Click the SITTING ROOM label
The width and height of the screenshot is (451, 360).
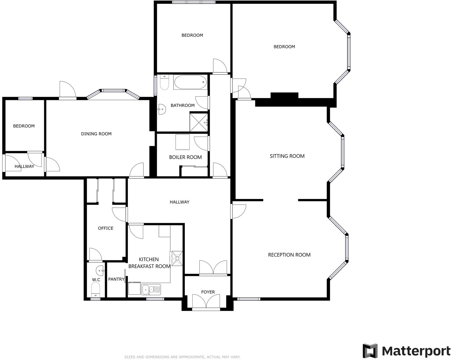click(x=287, y=156)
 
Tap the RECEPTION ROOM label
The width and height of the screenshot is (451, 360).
click(x=289, y=255)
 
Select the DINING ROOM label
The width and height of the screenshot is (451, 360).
click(x=96, y=134)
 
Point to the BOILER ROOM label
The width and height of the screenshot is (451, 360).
click(x=185, y=157)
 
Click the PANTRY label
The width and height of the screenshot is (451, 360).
click(x=116, y=279)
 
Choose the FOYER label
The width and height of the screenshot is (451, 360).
click(x=208, y=292)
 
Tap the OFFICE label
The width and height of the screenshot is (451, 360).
click(x=106, y=228)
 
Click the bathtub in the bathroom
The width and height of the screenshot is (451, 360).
click(x=190, y=82)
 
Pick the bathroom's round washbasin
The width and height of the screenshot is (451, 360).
click(x=162, y=109)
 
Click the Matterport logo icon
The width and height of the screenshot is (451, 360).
click(x=370, y=351)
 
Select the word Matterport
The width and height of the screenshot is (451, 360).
click(x=416, y=351)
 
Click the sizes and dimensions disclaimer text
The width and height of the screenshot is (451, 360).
click(x=182, y=357)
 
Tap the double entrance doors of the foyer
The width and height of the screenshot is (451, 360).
click(x=206, y=301)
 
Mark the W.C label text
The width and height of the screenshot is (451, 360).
click(x=96, y=280)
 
